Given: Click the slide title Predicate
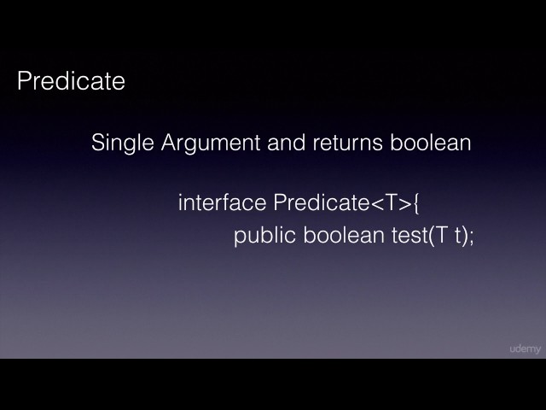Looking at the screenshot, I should pyautogui.click(x=71, y=82).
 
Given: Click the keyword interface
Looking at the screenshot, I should pyautogui.click(x=222, y=203).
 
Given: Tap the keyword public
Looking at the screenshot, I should pyautogui.click(x=264, y=236).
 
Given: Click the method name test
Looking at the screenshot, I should pyautogui.click(x=409, y=236).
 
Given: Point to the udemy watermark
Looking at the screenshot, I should pyautogui.click(x=524, y=348).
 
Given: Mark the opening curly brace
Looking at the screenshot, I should pyautogui.click(x=418, y=204).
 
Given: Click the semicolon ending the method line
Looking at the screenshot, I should pyautogui.click(x=471, y=237).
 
